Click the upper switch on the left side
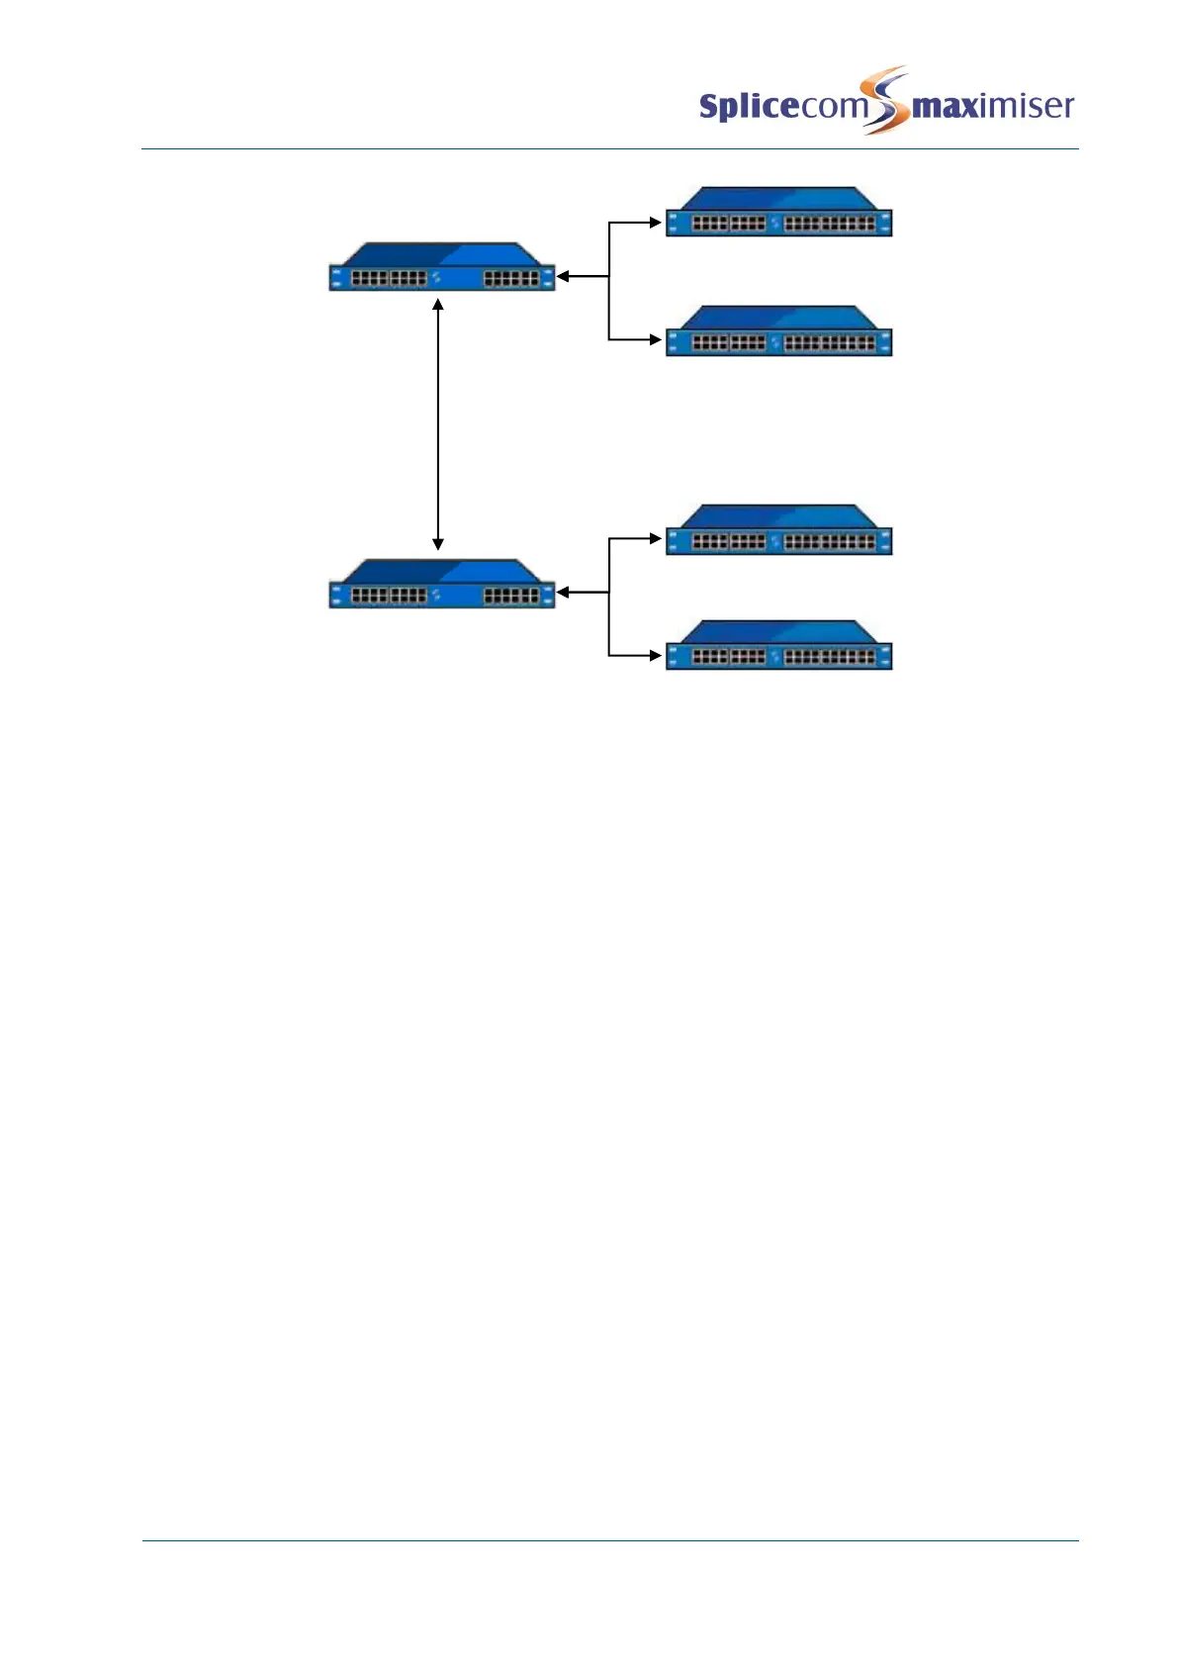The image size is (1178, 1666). click(441, 268)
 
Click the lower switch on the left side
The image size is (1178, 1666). click(441, 585)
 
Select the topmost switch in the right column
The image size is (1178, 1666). click(778, 213)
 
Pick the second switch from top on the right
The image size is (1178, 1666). click(778, 332)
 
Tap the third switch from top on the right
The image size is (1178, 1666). click(778, 531)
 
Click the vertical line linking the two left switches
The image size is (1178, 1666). click(438, 425)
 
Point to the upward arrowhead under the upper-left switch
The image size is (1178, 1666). click(438, 305)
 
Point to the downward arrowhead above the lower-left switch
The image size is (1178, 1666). click(438, 544)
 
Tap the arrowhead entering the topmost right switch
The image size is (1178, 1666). click(655, 223)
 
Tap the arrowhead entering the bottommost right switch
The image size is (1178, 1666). click(655, 655)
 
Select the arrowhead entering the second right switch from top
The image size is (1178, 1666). click(655, 339)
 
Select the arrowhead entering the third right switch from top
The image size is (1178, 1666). click(655, 538)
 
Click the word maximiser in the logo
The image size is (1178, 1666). click(993, 105)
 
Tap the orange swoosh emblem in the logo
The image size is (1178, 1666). click(885, 99)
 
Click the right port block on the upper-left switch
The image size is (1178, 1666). click(511, 280)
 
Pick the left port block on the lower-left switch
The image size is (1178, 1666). click(390, 596)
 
